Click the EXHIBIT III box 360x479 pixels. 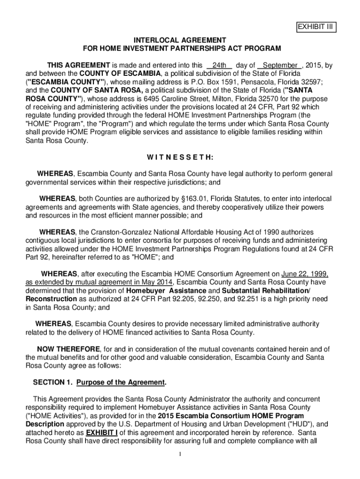(x=316, y=27)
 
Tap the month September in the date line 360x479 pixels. (x=280, y=65)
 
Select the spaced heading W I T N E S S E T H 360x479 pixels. (x=180, y=157)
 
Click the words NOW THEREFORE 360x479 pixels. (x=68, y=349)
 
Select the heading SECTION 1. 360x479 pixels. (x=51, y=382)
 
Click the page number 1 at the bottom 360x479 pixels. (x=180, y=454)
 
